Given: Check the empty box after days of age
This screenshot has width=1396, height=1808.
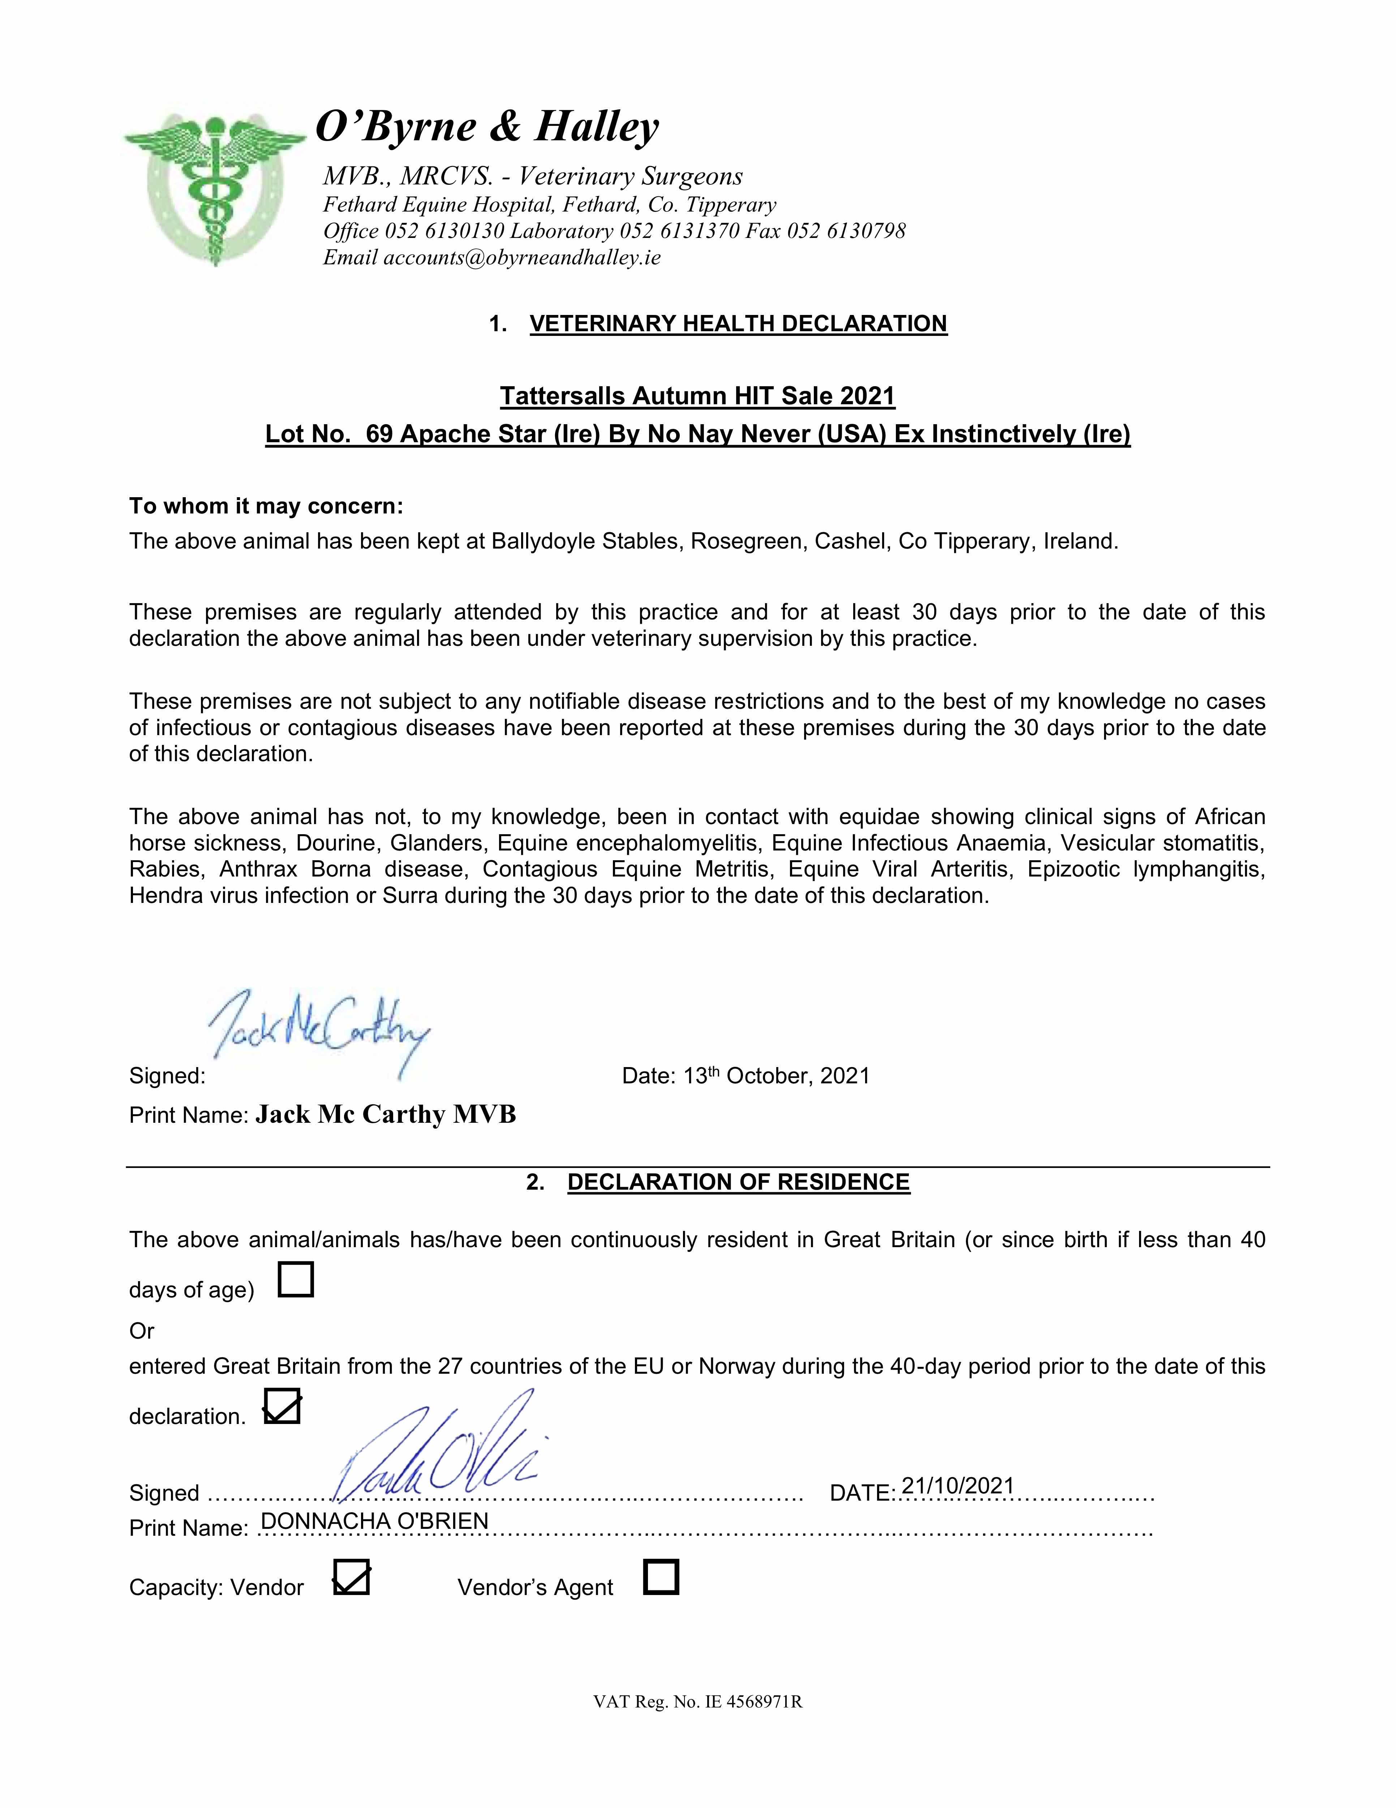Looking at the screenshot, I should coord(296,1279).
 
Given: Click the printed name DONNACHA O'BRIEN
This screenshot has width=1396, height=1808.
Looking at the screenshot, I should coord(374,1521).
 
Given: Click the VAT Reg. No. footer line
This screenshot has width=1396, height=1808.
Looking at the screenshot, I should coord(697,1702).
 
